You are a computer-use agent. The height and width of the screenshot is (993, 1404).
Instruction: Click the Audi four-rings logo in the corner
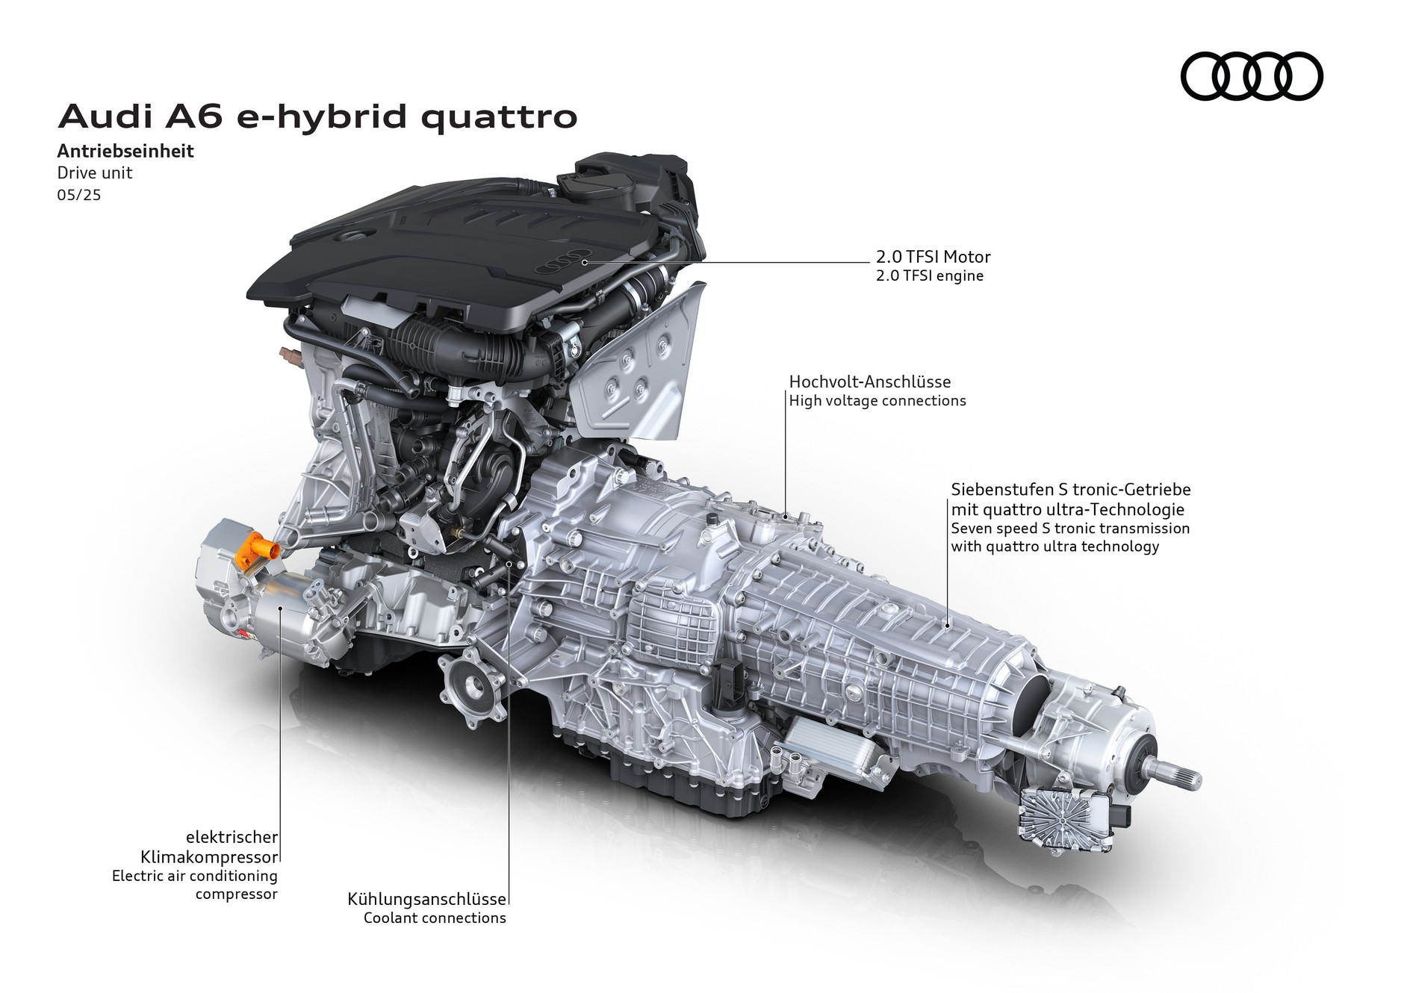(x=1251, y=76)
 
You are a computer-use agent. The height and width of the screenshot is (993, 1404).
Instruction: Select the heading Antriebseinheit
(x=125, y=152)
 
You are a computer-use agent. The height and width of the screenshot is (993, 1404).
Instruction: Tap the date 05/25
(x=78, y=195)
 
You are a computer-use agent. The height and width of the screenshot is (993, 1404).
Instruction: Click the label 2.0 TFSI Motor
(x=933, y=257)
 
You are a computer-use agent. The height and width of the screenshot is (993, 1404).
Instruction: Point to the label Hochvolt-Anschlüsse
(x=869, y=382)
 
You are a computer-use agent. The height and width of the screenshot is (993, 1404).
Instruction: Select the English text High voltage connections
(x=877, y=401)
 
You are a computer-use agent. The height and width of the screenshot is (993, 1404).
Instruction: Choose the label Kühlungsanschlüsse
(x=426, y=900)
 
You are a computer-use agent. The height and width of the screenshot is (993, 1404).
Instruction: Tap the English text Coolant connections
(x=434, y=918)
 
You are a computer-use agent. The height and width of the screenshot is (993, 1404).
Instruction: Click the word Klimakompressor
(x=209, y=856)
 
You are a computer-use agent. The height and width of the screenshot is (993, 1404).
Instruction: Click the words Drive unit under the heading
(x=95, y=172)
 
